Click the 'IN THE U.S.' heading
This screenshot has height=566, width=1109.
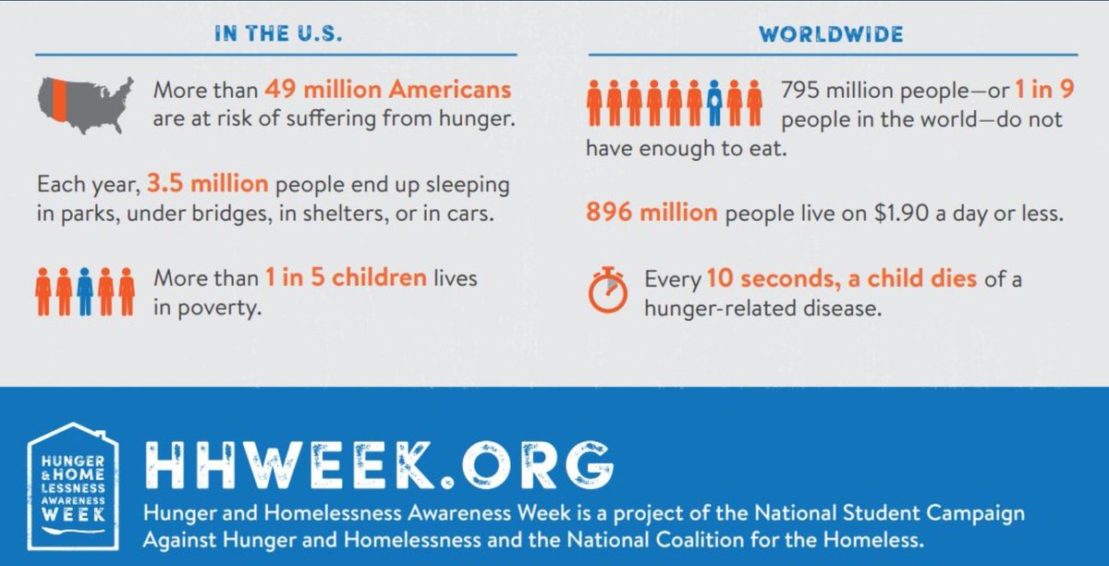coord(277,35)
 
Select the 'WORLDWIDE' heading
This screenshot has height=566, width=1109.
coord(831,35)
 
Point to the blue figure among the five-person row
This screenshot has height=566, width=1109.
coord(85,290)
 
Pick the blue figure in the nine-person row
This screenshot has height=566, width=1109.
coord(713,102)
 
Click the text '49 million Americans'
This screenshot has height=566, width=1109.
coord(387,91)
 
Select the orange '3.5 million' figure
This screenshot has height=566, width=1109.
coord(207,184)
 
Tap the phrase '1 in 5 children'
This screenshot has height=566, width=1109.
coord(346,277)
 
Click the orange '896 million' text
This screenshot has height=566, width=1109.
coord(652,213)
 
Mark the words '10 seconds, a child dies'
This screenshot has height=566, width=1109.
coord(841,278)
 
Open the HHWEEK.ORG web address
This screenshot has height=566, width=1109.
coord(379,466)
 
